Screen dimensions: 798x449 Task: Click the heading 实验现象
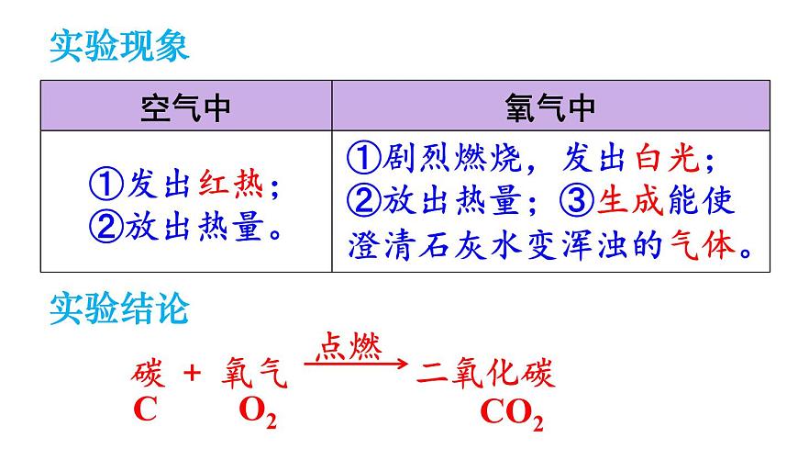(119, 46)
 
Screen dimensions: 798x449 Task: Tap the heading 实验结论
(119, 308)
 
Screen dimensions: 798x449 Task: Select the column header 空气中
(185, 107)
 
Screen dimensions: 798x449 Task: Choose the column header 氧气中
(550, 107)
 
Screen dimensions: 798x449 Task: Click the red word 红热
(231, 184)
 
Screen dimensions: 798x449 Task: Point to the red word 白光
(667, 158)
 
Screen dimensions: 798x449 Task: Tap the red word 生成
(630, 199)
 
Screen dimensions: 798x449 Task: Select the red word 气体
(703, 245)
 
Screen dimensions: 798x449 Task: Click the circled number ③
(577, 200)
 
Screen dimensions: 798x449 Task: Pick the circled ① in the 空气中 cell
(105, 184)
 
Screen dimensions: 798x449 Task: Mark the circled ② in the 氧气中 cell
(364, 200)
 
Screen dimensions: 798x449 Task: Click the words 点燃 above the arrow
(349, 347)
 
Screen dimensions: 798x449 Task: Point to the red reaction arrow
(356, 364)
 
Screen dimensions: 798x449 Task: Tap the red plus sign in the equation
(192, 373)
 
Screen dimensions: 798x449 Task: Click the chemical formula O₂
(258, 410)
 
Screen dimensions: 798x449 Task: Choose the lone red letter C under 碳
(145, 409)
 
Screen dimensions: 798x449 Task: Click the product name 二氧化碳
(485, 373)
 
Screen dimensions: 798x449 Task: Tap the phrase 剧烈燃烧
(452, 158)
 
